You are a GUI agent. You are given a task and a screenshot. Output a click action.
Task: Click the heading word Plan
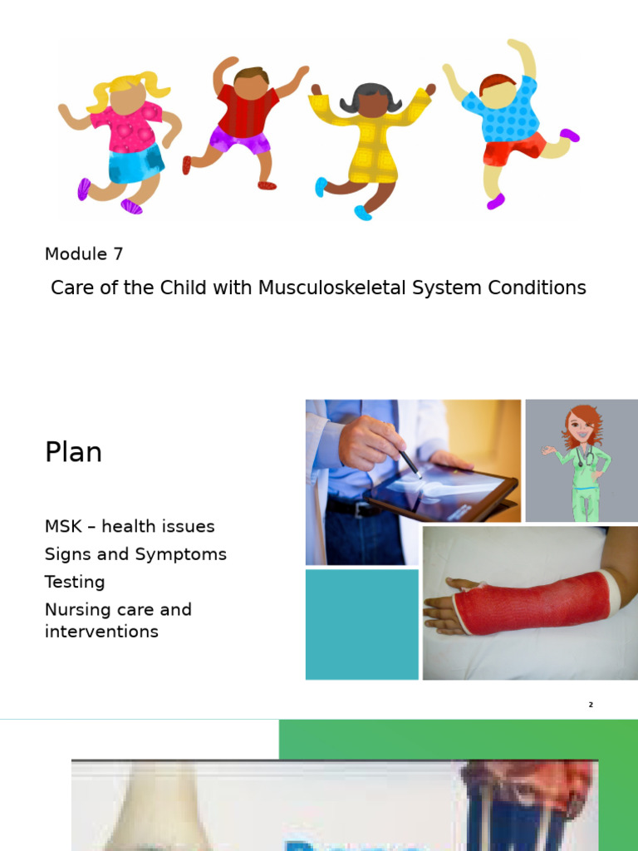[73, 453]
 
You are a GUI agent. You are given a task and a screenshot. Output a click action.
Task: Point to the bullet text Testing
[75, 582]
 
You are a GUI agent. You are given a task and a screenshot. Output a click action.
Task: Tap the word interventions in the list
[101, 632]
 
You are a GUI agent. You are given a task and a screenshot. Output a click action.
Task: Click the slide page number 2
[591, 705]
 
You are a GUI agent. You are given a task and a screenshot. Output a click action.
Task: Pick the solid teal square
[361, 624]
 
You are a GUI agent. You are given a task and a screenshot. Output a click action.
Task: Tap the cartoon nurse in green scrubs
[583, 461]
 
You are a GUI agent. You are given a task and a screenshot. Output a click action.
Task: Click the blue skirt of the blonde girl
[135, 164]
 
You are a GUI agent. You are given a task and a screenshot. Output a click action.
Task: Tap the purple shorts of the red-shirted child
[238, 140]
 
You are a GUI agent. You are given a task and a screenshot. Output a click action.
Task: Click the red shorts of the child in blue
[513, 149]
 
